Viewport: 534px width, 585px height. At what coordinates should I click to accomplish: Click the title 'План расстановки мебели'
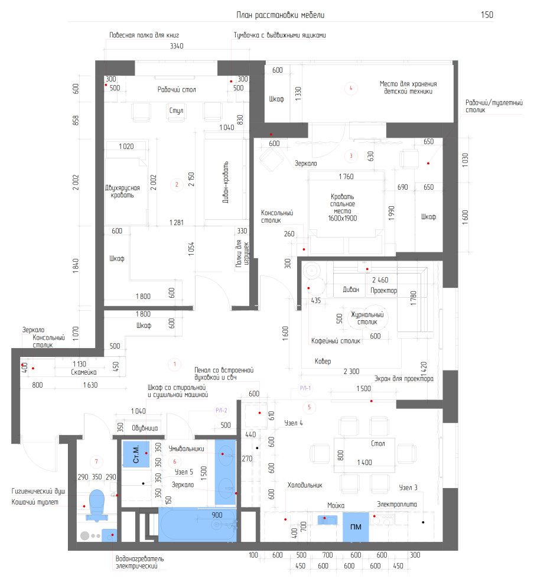pos(280,15)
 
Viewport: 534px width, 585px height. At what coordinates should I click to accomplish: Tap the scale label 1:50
pos(487,15)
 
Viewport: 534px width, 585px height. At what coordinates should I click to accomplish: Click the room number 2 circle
pos(177,184)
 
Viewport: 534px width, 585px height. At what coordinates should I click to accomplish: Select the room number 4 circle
pos(350,88)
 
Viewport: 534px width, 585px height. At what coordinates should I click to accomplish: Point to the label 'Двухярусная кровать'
pos(122,191)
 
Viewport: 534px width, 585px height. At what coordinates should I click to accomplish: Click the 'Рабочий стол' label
pos(177,90)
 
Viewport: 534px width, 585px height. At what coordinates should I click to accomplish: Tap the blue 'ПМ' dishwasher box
pos(356,527)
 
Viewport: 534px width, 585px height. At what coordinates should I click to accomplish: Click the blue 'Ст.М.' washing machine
pos(136,453)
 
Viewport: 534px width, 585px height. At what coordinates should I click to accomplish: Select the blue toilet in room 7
pos(97,505)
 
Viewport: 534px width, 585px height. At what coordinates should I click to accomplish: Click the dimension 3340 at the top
pos(177,46)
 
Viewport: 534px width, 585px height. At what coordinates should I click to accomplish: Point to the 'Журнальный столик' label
pos(367,318)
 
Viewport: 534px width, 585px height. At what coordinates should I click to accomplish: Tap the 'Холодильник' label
pos(305,485)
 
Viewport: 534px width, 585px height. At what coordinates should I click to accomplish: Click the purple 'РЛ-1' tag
pos(305,388)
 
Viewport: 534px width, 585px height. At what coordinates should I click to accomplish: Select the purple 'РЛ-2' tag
pos(221,411)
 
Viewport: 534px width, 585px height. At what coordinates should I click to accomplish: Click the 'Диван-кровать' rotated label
pos(226,182)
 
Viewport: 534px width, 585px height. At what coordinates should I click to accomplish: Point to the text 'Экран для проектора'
pos(404,379)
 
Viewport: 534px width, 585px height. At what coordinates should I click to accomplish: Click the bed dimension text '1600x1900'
pos(343,218)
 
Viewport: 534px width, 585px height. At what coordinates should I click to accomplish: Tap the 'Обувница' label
pos(145,428)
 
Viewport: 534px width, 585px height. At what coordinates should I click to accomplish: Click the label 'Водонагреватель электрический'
pos(139,562)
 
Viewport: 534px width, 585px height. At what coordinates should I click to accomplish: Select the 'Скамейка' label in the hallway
pos(83,372)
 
